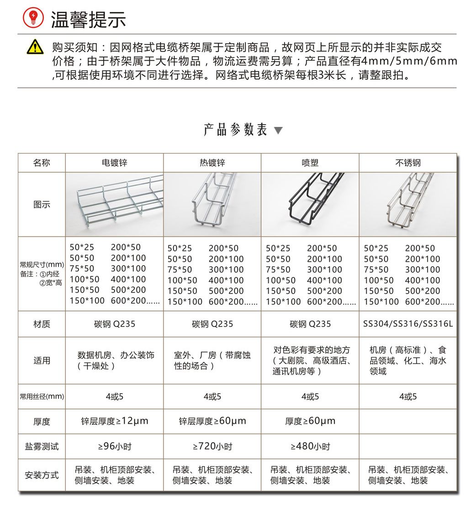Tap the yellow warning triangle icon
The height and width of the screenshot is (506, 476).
[x=35, y=47]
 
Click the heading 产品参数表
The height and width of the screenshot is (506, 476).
[x=235, y=130]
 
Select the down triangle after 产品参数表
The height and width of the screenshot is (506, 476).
[x=278, y=131]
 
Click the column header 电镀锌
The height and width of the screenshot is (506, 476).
[x=114, y=163]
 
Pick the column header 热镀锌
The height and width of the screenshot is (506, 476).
[x=212, y=163]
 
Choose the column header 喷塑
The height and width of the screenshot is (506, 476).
[x=310, y=163]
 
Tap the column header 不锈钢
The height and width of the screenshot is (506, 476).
[x=408, y=163]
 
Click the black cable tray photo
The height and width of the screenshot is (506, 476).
[x=310, y=204]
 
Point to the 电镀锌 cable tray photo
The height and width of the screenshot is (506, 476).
[x=114, y=204]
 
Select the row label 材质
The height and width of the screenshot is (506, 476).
[x=42, y=324]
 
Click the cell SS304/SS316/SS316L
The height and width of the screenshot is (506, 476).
[x=408, y=324]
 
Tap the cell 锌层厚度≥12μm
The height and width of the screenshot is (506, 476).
[x=115, y=421]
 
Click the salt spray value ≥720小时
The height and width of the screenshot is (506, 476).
[x=212, y=446]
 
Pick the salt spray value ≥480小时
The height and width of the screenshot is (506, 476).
[x=310, y=446]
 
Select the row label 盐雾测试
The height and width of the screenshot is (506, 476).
[x=42, y=446]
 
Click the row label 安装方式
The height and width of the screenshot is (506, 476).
[x=42, y=475]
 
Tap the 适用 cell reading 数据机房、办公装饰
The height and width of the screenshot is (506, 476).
[x=115, y=360]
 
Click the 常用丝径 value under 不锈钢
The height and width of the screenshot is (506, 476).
[x=408, y=396]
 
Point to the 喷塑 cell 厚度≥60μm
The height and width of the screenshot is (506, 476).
[x=310, y=421]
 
